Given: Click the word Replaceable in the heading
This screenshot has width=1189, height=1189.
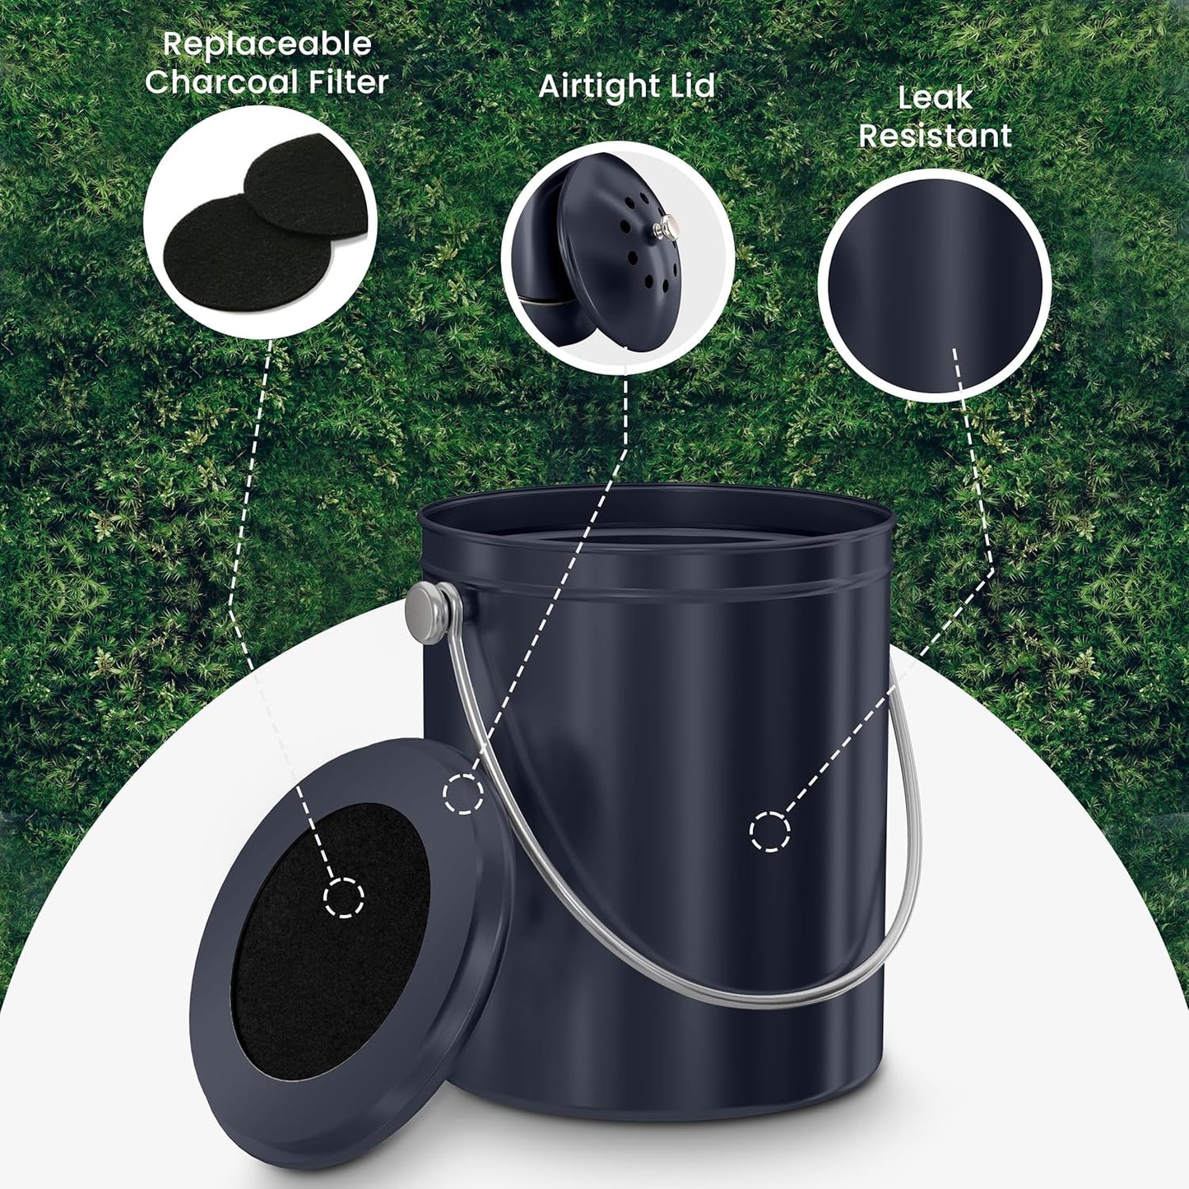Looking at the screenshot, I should (267, 44).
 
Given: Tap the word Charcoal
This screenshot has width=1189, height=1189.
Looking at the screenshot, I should (221, 82).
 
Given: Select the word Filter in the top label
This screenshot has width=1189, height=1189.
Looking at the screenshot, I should (345, 82).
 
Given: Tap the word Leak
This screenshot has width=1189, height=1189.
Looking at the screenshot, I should (935, 99).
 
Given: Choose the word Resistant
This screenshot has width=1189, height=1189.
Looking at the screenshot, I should (935, 136).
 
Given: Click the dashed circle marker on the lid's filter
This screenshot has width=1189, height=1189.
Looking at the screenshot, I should (343, 897).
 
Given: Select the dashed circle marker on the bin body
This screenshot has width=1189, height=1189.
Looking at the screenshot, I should (769, 831).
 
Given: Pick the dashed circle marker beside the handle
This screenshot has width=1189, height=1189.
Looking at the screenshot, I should (463, 794).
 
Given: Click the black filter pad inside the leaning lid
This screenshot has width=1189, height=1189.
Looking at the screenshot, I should (329, 946).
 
